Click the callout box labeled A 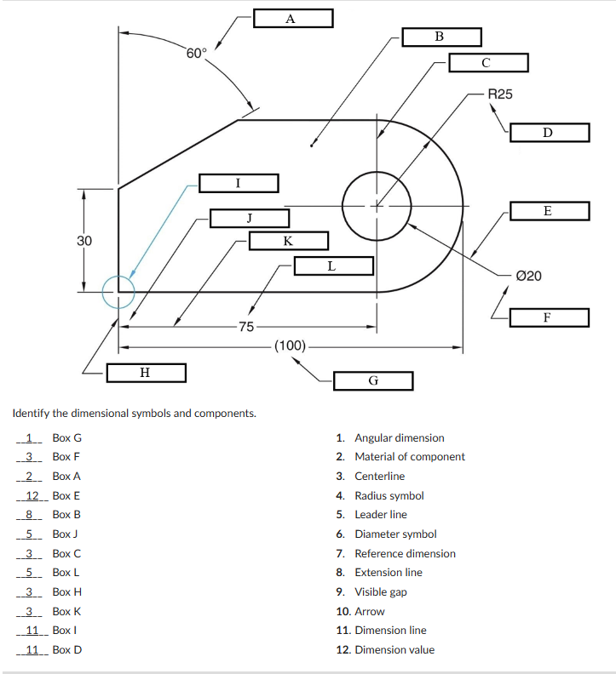292,19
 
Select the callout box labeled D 550,133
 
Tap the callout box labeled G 373,380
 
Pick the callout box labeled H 146,372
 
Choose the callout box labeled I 239,183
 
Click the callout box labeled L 333,266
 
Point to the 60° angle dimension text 196,54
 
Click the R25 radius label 500,94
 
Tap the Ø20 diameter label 528,276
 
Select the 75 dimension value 245,327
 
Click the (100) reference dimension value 290,346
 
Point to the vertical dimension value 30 84,241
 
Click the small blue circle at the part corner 118,292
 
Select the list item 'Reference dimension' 405,553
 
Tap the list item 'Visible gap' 380,591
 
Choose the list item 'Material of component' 410,457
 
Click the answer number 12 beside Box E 32,495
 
